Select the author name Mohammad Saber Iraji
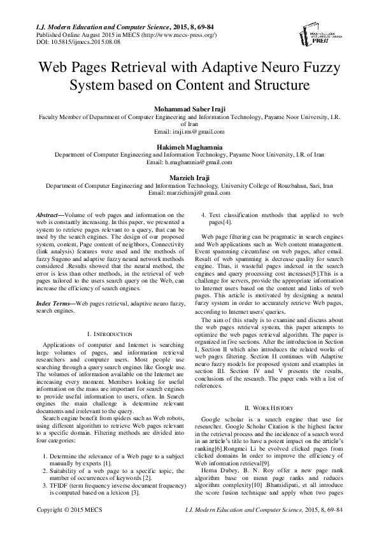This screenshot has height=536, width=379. click(x=189, y=109)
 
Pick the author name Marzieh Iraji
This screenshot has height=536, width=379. click(x=189, y=177)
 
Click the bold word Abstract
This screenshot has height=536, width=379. click(x=48, y=216)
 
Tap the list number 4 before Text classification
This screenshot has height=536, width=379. click(x=203, y=216)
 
